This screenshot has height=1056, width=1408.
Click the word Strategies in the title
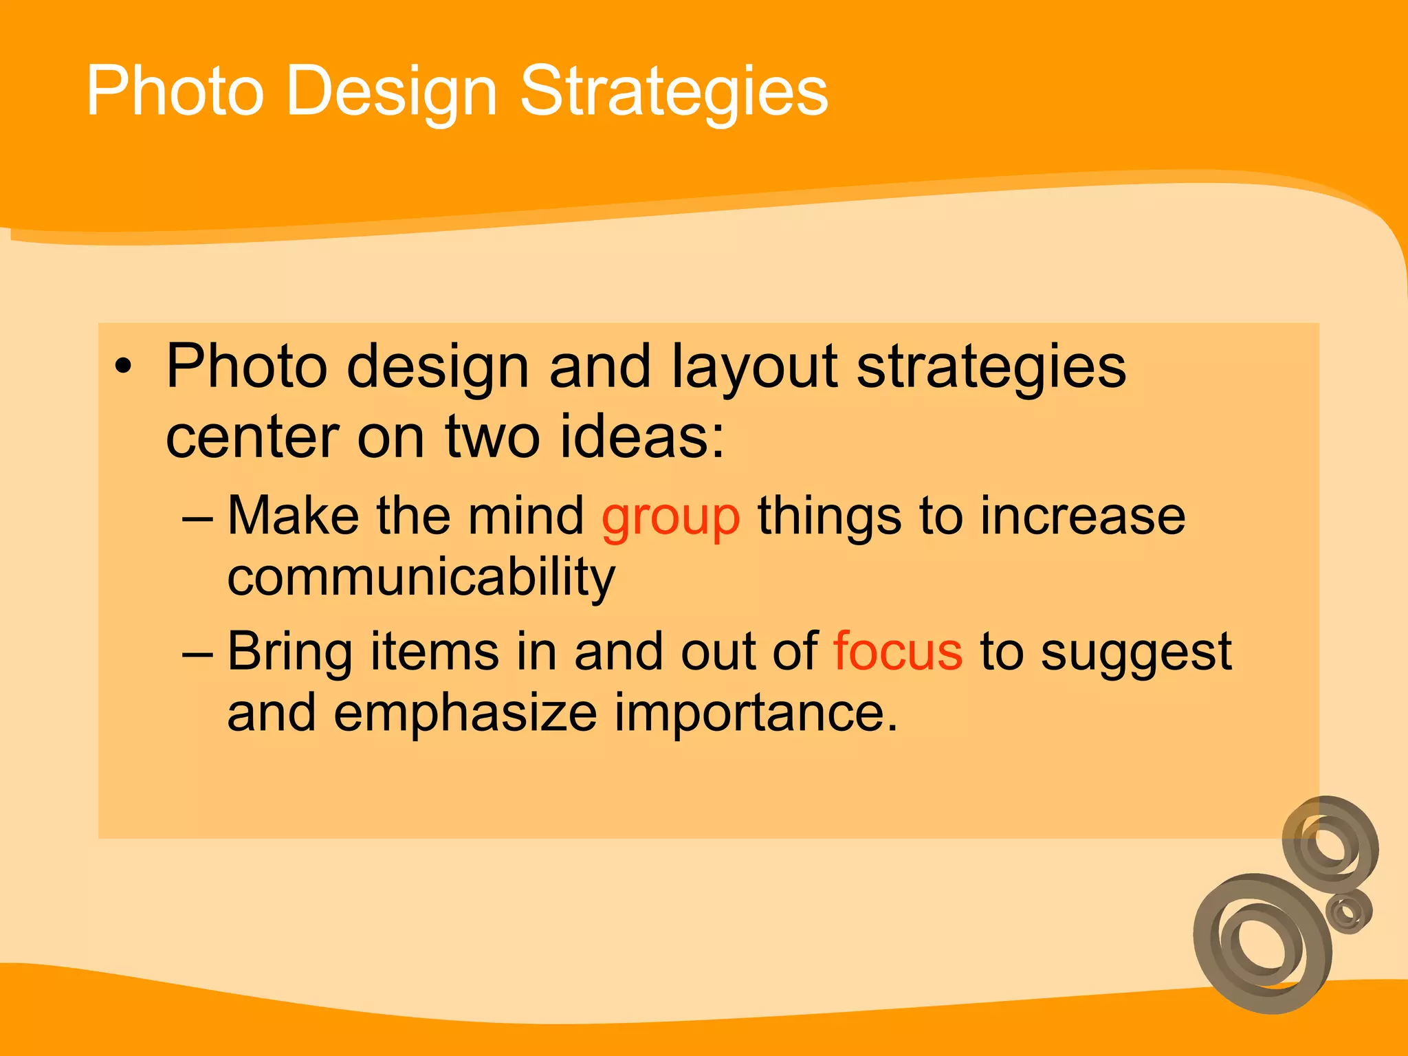[x=674, y=91]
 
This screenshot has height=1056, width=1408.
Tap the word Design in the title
[x=390, y=91]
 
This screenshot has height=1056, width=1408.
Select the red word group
[x=670, y=517]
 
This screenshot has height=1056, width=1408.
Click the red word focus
[x=897, y=651]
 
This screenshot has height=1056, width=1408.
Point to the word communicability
[x=421, y=577]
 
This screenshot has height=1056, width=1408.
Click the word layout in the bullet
[x=753, y=368]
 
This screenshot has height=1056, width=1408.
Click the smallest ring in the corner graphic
[x=1348, y=911]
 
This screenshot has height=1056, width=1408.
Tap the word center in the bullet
[x=252, y=436]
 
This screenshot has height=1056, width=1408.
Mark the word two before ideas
[x=492, y=436]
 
